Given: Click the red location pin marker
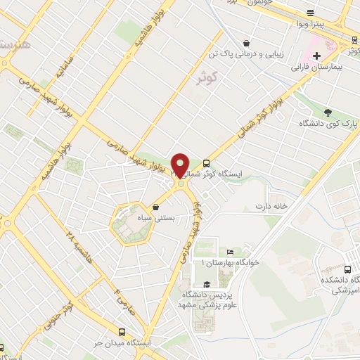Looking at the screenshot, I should pos(181,165).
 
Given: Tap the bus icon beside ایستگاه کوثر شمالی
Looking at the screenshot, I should pos(206,161).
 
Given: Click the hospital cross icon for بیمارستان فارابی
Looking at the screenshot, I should pos(317,55).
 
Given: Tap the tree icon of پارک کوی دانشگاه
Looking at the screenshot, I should pos(328,111).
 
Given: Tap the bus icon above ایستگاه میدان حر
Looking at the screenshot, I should pos(122,332).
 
